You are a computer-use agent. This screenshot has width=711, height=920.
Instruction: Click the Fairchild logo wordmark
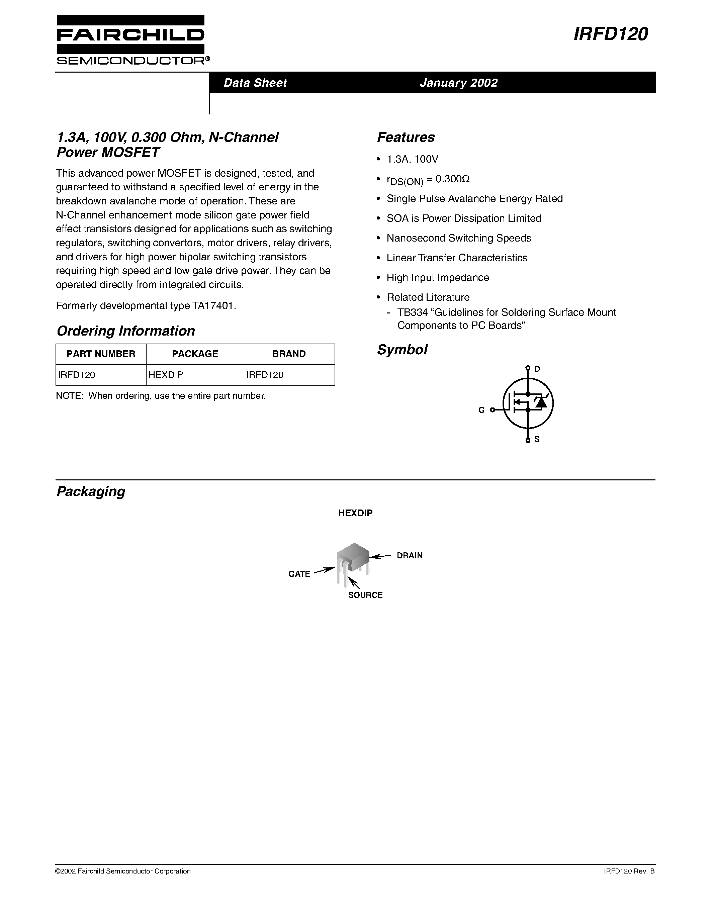[130, 35]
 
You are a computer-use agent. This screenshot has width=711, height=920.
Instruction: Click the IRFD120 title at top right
[610, 34]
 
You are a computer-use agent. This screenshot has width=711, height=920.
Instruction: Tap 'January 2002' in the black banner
[458, 83]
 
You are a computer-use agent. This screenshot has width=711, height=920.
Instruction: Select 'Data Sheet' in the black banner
[255, 83]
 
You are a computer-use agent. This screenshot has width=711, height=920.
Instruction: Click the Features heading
[406, 137]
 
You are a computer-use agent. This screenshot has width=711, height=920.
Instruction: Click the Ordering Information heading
[125, 331]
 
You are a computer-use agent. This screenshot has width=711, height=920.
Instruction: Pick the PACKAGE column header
[195, 354]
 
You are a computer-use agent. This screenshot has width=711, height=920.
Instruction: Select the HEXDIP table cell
[166, 375]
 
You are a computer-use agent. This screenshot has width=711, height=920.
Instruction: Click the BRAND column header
[289, 354]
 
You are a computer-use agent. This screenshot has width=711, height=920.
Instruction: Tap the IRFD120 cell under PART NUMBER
[77, 375]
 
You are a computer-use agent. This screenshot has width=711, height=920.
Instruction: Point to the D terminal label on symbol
[537, 369]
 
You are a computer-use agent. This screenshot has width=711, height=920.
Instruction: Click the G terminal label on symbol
[481, 410]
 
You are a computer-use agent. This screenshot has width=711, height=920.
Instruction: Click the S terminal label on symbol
[537, 439]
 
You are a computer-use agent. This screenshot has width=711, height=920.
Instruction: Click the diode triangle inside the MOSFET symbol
[540, 403]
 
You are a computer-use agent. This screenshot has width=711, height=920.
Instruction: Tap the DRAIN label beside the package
[410, 556]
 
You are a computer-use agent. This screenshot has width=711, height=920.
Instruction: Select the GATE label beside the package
[299, 574]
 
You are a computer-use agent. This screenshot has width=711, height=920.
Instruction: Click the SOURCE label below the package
[365, 595]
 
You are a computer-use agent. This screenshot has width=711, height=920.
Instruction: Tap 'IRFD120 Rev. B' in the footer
[629, 871]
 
